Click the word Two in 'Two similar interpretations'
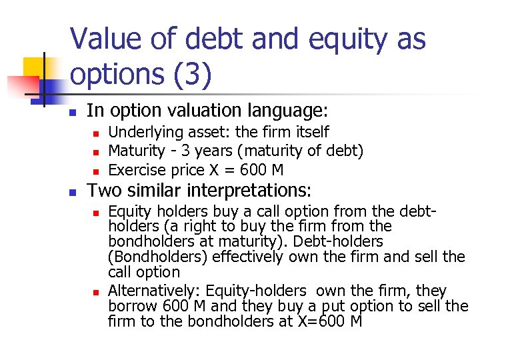[101, 191]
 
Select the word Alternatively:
[154, 291]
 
